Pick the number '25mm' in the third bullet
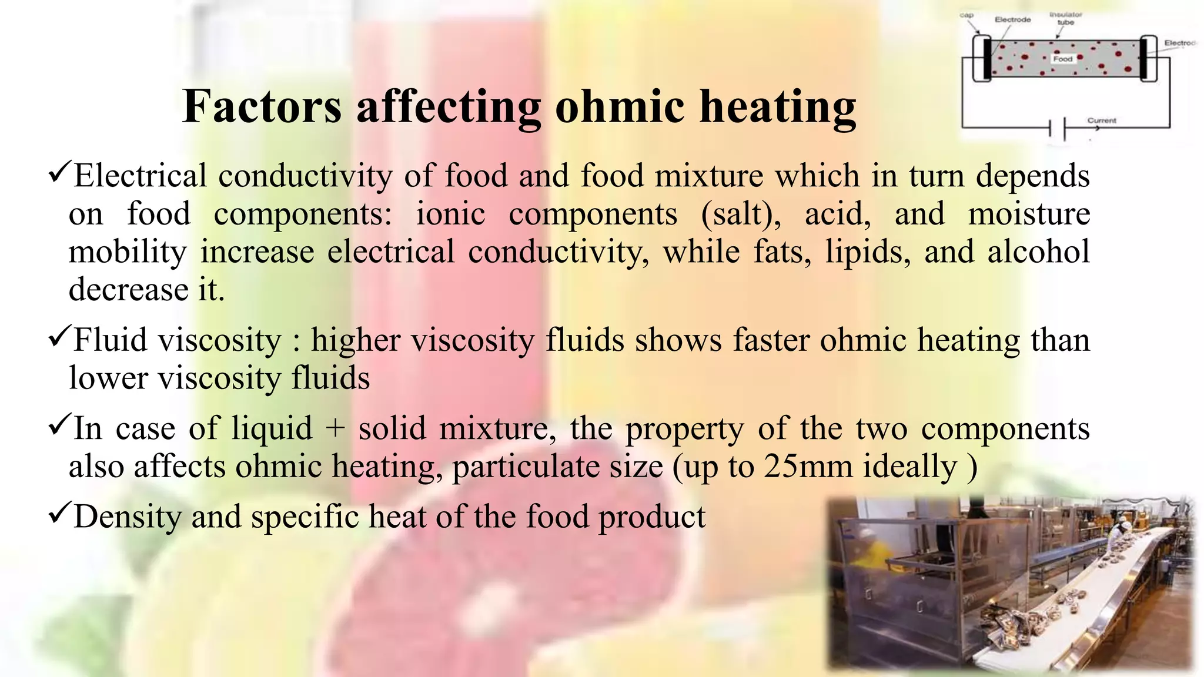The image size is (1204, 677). pyautogui.click(x=808, y=467)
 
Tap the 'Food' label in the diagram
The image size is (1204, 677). pyautogui.click(x=1063, y=59)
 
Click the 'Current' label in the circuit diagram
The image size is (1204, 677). pyautogui.click(x=1101, y=120)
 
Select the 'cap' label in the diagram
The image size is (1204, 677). pyautogui.click(x=966, y=15)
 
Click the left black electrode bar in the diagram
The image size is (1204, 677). pyautogui.click(x=986, y=58)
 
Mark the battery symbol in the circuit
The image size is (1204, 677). pyautogui.click(x=1057, y=128)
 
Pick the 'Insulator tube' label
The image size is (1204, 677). pyautogui.click(x=1066, y=18)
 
